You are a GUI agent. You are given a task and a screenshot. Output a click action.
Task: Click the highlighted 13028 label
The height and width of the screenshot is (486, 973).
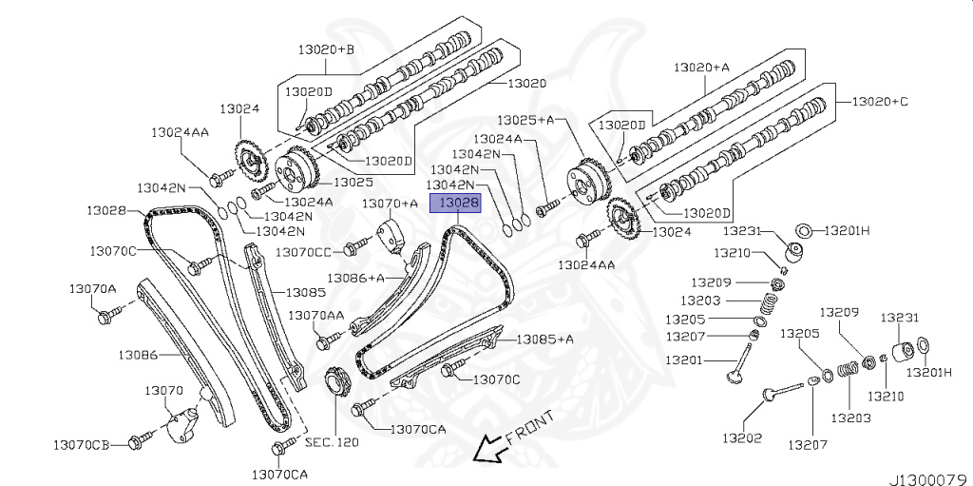(x=457, y=203)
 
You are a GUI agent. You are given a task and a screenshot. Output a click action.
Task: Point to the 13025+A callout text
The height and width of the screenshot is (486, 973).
(x=532, y=121)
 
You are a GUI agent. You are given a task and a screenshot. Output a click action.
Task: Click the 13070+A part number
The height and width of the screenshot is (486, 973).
(x=390, y=204)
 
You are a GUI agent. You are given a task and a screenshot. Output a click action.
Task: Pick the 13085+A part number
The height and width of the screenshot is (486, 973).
(x=545, y=339)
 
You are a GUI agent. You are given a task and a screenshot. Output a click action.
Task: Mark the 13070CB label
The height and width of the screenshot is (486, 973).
(x=82, y=444)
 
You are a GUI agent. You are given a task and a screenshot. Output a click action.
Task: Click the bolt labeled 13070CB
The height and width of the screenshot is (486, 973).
(x=141, y=438)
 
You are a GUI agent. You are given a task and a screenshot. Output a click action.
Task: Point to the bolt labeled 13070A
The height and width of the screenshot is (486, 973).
(x=107, y=314)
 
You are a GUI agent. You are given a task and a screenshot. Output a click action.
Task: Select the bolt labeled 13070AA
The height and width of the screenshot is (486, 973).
(x=329, y=336)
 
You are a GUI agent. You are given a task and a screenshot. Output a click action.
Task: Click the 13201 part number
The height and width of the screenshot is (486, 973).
(x=684, y=360)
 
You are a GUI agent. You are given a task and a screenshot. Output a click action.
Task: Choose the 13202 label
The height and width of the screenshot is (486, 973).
(x=742, y=438)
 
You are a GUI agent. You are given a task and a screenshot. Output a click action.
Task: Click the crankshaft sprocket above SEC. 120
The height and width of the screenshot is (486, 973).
(x=336, y=385)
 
